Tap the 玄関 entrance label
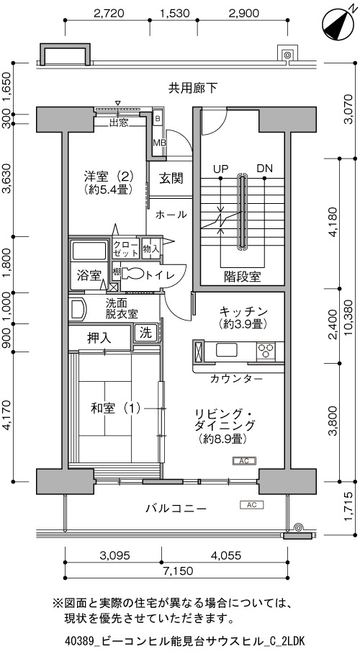171,178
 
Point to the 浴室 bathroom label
89,275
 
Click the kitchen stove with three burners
266,351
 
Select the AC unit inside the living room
244,461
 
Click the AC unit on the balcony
251,504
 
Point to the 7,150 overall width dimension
176,571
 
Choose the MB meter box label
159,143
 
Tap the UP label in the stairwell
220,169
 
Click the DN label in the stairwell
265,169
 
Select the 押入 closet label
99,338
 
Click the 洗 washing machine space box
145,333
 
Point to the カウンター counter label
236,378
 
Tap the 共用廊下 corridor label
193,88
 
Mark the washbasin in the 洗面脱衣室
78,310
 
